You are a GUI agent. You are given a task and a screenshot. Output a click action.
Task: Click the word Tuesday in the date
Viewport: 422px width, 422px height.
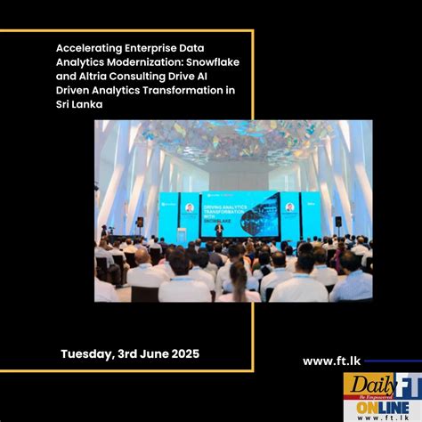coord(87,353)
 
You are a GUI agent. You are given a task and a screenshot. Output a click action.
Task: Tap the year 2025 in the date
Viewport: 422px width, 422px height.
coord(183,353)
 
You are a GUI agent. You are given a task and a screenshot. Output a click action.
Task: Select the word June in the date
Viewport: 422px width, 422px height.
coord(149,353)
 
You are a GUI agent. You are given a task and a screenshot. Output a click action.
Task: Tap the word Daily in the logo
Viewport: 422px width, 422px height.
coord(362,385)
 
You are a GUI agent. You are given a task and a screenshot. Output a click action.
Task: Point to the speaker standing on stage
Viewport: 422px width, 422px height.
coord(219,230)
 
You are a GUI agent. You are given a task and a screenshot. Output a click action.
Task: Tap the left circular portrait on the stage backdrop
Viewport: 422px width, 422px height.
coord(189,208)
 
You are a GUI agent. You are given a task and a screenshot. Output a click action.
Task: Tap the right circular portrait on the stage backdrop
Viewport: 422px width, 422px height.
coord(289,207)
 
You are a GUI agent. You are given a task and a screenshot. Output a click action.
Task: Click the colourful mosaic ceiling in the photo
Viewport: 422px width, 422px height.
coord(231,140)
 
